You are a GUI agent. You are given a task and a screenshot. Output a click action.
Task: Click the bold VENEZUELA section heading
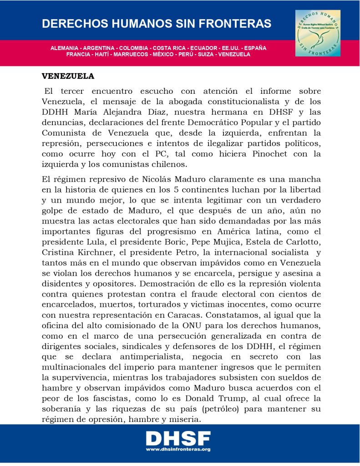(x=68, y=76)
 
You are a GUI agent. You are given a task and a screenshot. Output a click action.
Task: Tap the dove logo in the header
(x=317, y=33)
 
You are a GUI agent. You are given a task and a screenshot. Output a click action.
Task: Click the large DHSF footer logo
(x=178, y=439)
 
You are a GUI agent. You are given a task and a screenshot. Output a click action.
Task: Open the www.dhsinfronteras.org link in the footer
(x=178, y=450)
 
